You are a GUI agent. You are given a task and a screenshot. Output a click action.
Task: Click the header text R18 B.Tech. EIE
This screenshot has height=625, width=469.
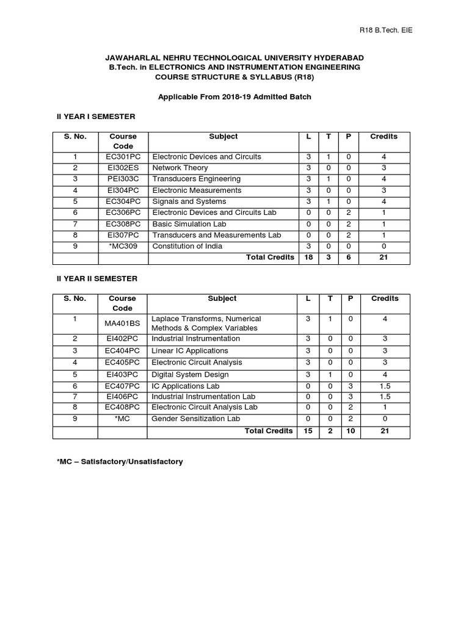point(385,31)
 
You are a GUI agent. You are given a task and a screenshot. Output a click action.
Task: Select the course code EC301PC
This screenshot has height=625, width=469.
point(123,157)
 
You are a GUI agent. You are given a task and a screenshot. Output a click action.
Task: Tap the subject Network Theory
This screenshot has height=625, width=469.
point(180,168)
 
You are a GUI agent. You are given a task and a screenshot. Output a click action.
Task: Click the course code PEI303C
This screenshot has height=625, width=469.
point(123,179)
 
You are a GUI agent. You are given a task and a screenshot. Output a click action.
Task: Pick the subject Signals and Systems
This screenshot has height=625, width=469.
point(189,201)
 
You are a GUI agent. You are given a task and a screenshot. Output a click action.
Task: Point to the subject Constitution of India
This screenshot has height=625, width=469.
point(187,247)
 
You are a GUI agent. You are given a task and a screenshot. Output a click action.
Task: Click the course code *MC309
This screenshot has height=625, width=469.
point(123,247)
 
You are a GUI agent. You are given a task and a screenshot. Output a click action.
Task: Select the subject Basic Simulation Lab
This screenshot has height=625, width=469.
point(190,224)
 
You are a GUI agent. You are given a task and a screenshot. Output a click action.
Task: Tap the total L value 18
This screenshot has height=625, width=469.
point(309,258)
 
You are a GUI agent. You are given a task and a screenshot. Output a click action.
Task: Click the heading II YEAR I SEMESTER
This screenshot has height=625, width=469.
point(96,116)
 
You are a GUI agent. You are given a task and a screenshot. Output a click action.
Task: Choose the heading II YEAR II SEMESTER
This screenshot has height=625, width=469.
point(97,278)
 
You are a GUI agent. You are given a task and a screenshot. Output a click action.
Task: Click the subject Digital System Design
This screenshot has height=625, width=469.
point(190,375)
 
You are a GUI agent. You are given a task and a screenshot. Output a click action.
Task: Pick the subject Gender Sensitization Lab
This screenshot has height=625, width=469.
point(196,419)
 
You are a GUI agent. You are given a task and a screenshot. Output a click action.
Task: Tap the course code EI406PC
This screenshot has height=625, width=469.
point(123,397)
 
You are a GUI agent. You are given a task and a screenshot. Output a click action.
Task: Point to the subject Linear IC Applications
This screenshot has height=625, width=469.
point(190,351)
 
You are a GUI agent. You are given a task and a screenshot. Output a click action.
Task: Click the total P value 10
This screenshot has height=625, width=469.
point(351,431)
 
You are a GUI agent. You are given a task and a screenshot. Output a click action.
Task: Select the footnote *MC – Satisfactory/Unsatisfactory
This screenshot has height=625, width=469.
point(120,462)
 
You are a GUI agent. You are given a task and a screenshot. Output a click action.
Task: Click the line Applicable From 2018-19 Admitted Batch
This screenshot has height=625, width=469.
point(235,97)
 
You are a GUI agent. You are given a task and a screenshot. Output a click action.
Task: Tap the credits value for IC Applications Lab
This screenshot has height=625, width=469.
point(384,386)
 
